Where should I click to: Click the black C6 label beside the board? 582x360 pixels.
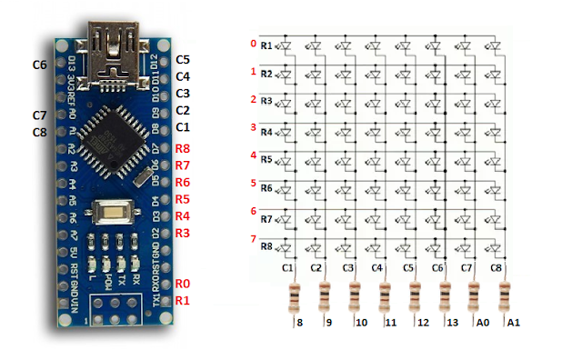pos(39,65)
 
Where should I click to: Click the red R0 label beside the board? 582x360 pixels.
pos(183,285)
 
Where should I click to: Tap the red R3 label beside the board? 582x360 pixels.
pos(183,234)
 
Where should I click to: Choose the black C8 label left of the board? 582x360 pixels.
pos(39,133)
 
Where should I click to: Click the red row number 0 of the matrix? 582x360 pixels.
pos(252,44)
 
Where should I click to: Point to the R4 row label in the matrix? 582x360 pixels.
pos(266,133)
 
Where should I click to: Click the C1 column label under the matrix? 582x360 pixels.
pos(289,268)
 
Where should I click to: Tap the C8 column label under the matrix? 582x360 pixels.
pos(497,268)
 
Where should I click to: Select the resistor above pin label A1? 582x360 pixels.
pos(504,296)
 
